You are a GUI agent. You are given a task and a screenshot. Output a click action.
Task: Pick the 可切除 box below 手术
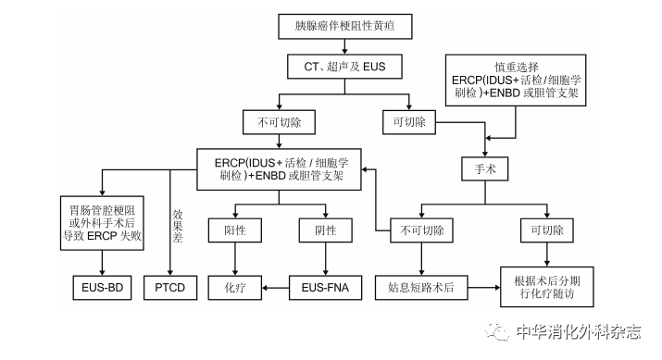pyautogui.click(x=548, y=229)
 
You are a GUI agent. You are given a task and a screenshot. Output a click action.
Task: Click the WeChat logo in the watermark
pyautogui.click(x=502, y=332)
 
